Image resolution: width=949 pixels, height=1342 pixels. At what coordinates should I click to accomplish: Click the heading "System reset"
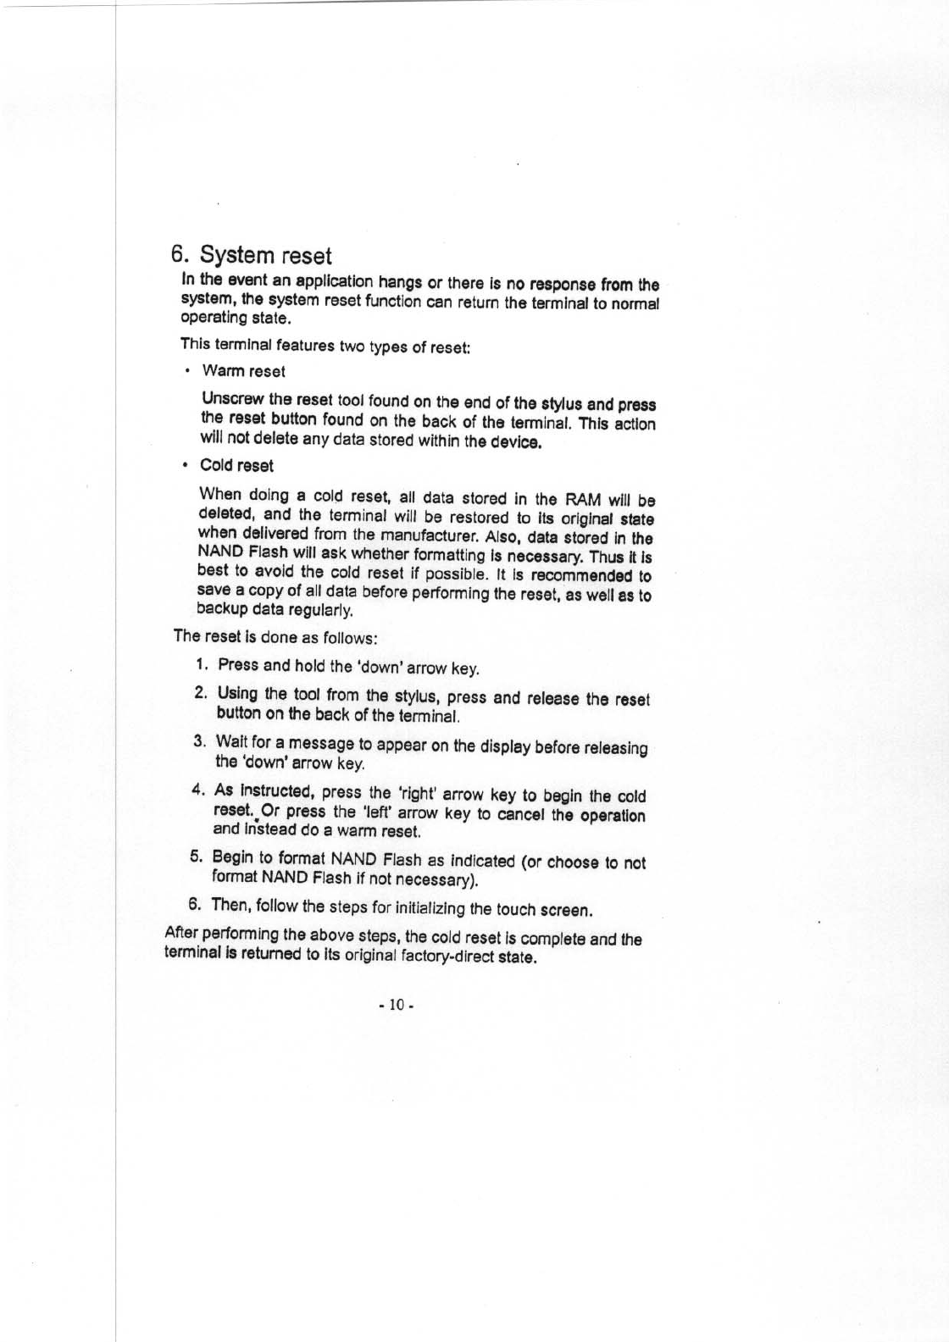pyautogui.click(x=264, y=255)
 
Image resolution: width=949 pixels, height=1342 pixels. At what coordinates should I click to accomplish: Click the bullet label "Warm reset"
pyautogui.click(x=243, y=371)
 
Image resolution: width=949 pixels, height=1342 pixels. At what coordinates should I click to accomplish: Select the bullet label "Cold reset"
pyautogui.click(x=236, y=466)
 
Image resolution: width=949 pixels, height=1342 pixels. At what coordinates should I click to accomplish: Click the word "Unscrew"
pyautogui.click(x=231, y=400)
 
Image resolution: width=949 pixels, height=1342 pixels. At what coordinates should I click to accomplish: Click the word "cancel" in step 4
pyautogui.click(x=522, y=815)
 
